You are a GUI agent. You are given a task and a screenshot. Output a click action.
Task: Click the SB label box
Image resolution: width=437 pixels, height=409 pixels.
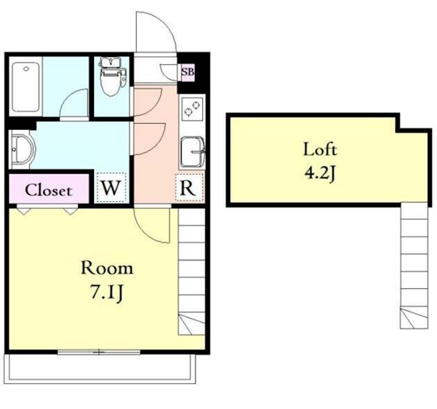click(x=187, y=72)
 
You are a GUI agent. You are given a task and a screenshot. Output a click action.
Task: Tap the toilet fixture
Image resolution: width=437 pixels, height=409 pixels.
click(x=112, y=76)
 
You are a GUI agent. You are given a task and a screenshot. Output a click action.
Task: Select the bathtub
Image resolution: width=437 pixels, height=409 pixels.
click(x=26, y=87)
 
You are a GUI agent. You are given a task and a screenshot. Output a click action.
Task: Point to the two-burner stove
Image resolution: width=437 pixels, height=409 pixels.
click(x=192, y=109)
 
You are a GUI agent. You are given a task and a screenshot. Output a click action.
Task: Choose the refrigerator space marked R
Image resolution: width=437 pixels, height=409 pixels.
click(x=190, y=187)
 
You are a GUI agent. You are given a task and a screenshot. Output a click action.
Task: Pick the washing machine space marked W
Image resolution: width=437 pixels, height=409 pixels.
click(x=111, y=188)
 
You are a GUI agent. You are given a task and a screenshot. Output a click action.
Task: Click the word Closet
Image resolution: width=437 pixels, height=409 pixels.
click(x=49, y=190)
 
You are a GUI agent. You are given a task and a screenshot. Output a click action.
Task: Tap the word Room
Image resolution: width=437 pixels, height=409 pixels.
click(x=107, y=268)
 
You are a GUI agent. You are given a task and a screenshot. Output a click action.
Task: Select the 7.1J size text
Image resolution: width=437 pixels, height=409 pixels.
click(x=107, y=293)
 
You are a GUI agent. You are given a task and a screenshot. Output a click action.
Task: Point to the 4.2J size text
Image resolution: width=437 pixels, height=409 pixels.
click(x=320, y=173)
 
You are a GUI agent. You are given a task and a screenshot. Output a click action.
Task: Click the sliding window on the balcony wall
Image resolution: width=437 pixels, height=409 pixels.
click(x=99, y=352)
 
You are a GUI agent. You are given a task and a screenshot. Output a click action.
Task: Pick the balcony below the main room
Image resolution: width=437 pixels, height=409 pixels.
click(x=101, y=369)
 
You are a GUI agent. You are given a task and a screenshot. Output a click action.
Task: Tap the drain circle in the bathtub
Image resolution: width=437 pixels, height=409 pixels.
click(x=26, y=68)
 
